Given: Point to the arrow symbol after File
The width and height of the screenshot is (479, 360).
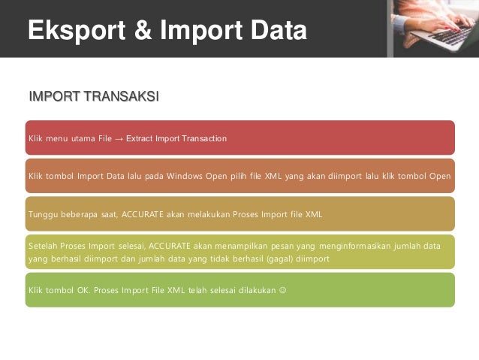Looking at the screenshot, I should coord(119,139).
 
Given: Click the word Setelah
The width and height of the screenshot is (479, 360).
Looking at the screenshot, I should coord(43,246).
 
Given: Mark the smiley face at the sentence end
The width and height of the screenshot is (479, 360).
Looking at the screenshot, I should coord(282,289).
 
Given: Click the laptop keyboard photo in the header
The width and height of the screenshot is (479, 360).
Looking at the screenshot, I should coord(433,28).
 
